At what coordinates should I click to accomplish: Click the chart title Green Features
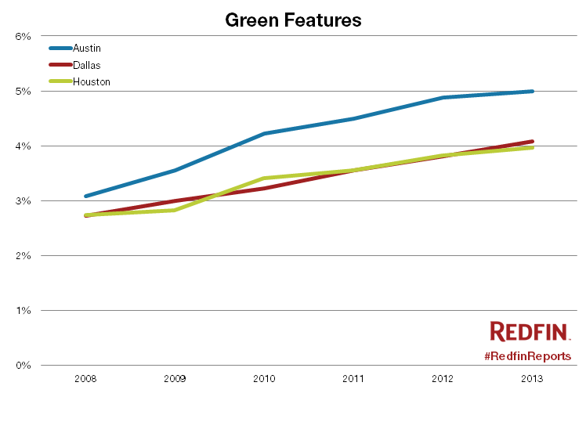(293, 20)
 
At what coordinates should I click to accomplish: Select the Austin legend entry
(86, 49)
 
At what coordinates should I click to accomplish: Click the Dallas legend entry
(86, 65)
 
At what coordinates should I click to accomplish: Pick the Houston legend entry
(91, 81)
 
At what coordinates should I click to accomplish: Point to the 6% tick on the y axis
(23, 36)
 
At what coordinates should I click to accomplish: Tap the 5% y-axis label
(23, 91)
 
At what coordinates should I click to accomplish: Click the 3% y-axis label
(23, 200)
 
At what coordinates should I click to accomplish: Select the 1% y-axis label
(23, 310)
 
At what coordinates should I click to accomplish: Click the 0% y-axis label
(23, 365)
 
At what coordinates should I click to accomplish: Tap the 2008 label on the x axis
(85, 378)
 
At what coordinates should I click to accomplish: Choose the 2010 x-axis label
(264, 378)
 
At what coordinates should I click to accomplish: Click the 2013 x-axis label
(532, 378)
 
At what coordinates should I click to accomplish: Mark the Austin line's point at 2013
(532, 91)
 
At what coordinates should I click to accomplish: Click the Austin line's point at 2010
(264, 134)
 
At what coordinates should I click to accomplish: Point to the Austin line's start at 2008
(85, 196)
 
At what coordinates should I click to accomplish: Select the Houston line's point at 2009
(175, 210)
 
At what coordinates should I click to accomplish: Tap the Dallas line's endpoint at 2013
(532, 142)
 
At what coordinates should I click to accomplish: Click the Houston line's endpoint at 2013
(532, 147)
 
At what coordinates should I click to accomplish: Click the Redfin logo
(530, 331)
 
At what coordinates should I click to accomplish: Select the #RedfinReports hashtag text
(527, 355)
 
